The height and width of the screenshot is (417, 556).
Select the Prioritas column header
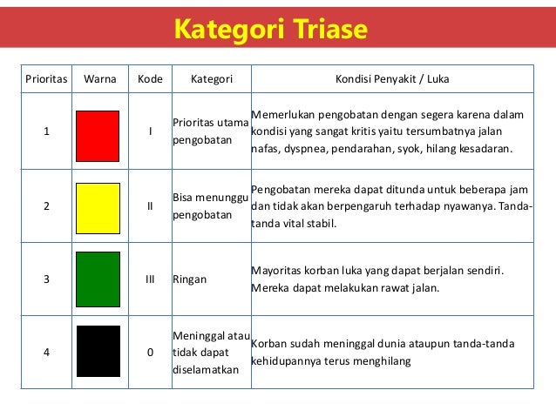coord(45,79)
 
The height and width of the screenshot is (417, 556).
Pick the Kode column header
coord(150,79)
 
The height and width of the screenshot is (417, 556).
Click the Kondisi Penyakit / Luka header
coord(393,79)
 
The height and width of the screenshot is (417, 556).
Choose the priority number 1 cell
coord(45,131)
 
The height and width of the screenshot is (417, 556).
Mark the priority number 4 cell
coord(45,352)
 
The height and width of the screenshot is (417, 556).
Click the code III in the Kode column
coord(150,280)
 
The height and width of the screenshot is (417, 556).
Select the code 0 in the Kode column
coord(150,352)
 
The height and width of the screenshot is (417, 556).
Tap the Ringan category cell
coord(191,280)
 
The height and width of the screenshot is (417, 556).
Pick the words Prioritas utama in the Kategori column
coord(209,122)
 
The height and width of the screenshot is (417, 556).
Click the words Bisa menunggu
coord(209,197)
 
